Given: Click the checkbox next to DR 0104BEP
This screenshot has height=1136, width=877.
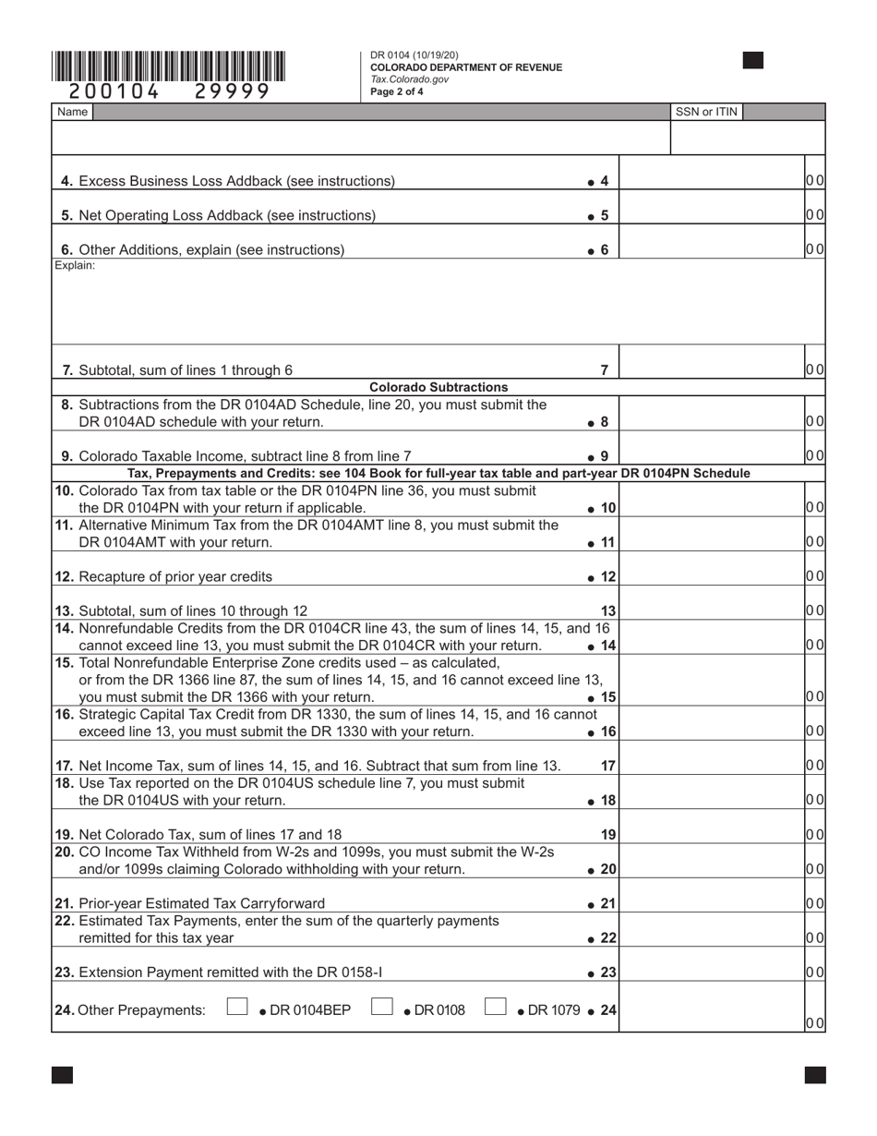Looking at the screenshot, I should coord(237,1008).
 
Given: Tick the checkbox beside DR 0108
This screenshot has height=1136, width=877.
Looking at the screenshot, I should coord(381,1008).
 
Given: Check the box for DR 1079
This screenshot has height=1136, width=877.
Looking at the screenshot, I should coord(496,1008).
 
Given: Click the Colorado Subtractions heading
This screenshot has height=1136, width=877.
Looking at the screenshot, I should coord(438,387).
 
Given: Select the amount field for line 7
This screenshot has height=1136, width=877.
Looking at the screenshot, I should coord(711,369).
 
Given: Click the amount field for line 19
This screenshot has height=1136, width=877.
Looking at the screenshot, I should coord(711,833).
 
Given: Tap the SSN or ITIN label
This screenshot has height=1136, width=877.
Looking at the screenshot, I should coord(706,112).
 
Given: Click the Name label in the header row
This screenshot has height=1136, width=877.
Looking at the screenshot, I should coord(72,112).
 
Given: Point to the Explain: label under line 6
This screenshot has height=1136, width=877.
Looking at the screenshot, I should coord(75,266).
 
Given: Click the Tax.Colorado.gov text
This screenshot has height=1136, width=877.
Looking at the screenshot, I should coord(409,79).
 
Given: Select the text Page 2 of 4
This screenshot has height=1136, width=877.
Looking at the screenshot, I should coord(397,91).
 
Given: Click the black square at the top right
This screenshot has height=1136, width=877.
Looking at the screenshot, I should coord(752,61).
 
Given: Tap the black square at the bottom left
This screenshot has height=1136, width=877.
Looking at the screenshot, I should coord(62,1074).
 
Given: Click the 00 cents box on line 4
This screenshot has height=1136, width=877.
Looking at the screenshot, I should coord(814,181).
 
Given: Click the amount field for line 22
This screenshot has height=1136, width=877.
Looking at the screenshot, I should coord(711,937).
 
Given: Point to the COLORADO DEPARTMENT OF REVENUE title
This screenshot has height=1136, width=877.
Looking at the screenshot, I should coord(465,67).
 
